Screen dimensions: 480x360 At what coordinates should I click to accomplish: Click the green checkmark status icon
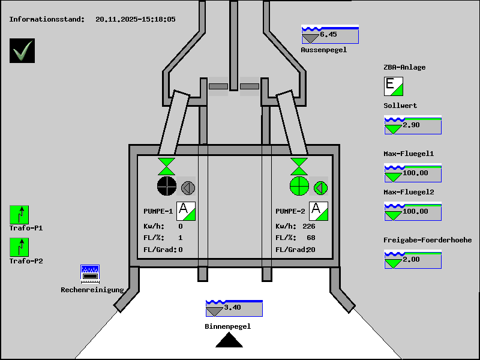22,51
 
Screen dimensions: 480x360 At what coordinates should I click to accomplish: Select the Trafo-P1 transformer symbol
19,215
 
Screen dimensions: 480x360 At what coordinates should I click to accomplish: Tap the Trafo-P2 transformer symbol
19,247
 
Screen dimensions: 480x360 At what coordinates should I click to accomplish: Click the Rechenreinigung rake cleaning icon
90,274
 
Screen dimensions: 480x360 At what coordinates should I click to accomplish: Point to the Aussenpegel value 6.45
328,34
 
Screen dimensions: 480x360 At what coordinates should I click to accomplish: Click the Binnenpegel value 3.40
232,307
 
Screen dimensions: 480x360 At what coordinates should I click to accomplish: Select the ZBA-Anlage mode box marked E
394,86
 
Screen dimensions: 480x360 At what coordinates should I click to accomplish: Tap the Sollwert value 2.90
411,125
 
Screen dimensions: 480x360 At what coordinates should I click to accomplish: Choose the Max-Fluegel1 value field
413,173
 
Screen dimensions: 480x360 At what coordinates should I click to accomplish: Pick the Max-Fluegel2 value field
413,211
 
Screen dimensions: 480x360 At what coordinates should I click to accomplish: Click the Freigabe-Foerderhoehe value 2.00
411,259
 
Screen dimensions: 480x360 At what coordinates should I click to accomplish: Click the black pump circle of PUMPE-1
167,186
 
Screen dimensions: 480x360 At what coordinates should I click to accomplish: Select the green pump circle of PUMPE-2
299,186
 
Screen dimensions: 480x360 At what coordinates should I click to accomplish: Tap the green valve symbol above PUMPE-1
167,167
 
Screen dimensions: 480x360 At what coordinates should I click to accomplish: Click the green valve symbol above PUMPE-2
299,167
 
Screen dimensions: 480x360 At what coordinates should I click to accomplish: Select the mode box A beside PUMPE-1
186,211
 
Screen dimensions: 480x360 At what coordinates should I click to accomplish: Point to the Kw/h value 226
308,226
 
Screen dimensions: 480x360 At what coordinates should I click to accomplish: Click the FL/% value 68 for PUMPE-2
311,238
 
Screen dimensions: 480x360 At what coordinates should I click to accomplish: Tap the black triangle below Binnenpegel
229,340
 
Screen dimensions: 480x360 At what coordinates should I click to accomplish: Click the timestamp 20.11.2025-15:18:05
136,19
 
